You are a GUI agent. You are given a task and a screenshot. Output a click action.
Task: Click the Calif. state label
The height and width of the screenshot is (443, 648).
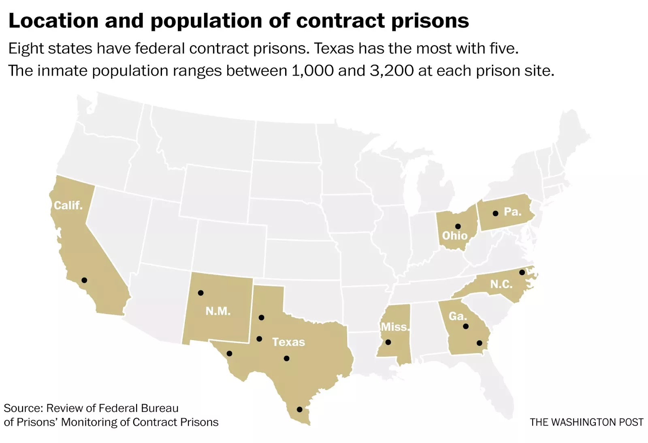click(68, 205)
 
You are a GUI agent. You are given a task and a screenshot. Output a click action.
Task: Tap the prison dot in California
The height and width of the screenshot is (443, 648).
click(84, 280)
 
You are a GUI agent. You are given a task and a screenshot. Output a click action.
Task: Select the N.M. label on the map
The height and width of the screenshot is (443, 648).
click(218, 311)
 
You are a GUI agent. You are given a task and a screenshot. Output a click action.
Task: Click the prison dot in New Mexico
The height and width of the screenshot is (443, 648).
click(200, 293)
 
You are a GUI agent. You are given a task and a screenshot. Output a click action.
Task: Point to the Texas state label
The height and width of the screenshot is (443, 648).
click(288, 342)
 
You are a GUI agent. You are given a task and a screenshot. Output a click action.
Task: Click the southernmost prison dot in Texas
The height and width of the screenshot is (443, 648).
click(299, 409)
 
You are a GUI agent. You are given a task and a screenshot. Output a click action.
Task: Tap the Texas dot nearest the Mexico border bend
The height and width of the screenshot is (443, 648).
click(229, 353)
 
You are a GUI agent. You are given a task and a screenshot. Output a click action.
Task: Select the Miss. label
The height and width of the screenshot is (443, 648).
click(395, 327)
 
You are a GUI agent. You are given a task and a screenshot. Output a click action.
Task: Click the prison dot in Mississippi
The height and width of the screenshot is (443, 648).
click(388, 342)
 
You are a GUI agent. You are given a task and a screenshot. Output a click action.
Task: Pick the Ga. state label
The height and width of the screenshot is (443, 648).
click(458, 316)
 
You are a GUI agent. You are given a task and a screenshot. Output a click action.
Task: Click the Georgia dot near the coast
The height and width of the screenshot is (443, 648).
click(480, 343)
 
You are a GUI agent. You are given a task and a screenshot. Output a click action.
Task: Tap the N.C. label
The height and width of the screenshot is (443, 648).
click(501, 284)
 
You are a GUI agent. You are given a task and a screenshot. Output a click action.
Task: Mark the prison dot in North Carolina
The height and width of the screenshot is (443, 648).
click(522, 272)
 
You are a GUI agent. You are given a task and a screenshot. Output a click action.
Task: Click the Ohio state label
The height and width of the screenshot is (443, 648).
click(454, 235)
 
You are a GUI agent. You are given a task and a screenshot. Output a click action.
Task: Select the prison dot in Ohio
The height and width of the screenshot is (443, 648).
click(458, 227)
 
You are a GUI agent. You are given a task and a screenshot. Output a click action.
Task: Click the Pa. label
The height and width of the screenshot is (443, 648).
click(512, 212)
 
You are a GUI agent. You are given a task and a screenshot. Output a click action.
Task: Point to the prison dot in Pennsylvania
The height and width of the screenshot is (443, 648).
click(495, 213)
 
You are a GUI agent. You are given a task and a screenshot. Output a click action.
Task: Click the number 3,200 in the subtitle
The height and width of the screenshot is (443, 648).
click(392, 71)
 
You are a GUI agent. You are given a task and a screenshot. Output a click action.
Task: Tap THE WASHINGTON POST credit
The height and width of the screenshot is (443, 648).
click(586, 422)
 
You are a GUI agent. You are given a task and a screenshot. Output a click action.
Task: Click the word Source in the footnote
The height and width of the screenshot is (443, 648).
click(23, 408)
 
